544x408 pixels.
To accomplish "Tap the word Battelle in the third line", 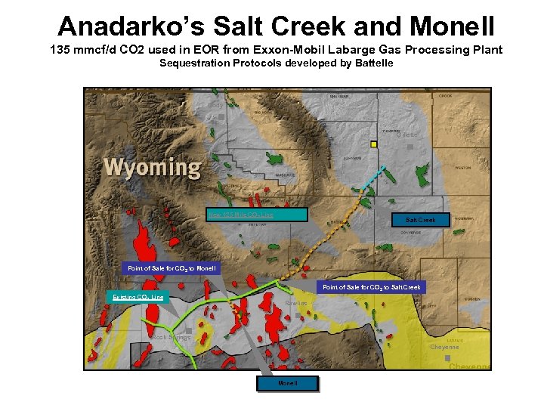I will pyautogui.click(x=369, y=63).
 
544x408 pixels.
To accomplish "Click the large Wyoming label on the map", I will pyautogui.click(x=152, y=167).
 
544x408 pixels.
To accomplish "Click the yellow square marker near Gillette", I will pyautogui.click(x=373, y=144).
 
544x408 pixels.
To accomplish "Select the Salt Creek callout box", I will pyautogui.click(x=420, y=220).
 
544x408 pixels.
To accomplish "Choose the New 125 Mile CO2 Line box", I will pyautogui.click(x=257, y=215).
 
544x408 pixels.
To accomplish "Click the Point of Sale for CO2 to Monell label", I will pyautogui.click(x=172, y=268).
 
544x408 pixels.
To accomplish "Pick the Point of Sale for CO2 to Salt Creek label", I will pyautogui.click(x=371, y=287).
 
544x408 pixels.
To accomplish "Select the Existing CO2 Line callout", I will pyautogui.click(x=138, y=298).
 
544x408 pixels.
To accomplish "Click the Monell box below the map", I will pyautogui.click(x=287, y=384).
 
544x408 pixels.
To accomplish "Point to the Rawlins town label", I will pyautogui.click(x=298, y=304).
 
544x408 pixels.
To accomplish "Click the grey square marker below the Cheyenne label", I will pyautogui.click(x=448, y=357).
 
